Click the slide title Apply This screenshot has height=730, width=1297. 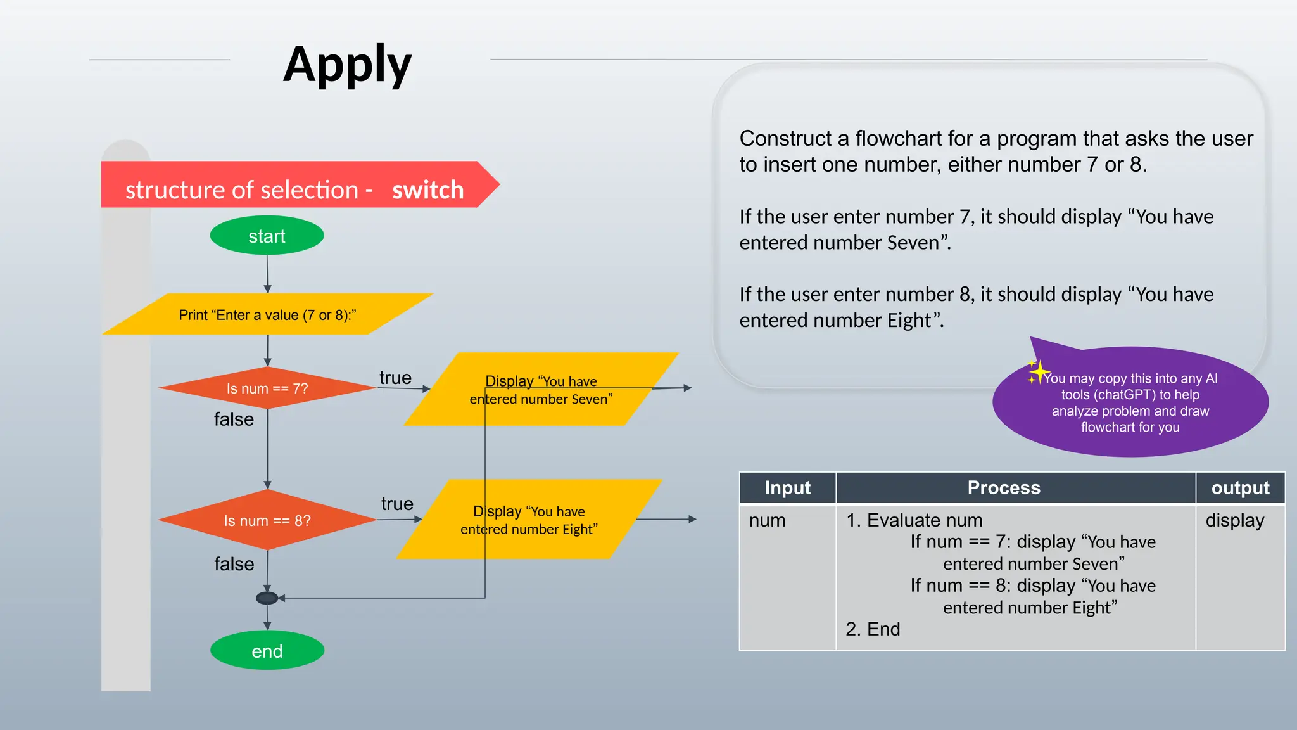click(347, 65)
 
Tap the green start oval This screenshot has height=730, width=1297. click(267, 236)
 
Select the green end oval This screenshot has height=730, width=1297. click(267, 651)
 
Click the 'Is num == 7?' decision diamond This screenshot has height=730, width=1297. click(267, 388)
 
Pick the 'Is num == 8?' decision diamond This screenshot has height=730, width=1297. click(267, 520)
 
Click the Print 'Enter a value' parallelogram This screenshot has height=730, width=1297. click(267, 314)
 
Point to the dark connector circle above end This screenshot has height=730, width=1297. click(267, 598)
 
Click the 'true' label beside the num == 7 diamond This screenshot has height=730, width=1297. click(395, 378)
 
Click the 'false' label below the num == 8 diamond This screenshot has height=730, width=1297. click(234, 563)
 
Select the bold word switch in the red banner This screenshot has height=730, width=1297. click(427, 189)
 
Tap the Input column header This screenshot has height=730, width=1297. click(787, 487)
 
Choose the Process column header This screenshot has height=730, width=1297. click(1003, 487)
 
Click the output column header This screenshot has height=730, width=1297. click(1240, 487)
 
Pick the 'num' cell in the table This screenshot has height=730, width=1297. click(767, 520)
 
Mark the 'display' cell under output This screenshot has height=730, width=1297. click(1234, 520)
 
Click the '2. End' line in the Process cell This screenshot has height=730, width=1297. click(873, 629)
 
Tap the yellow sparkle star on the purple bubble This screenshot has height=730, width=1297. click(1039, 372)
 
